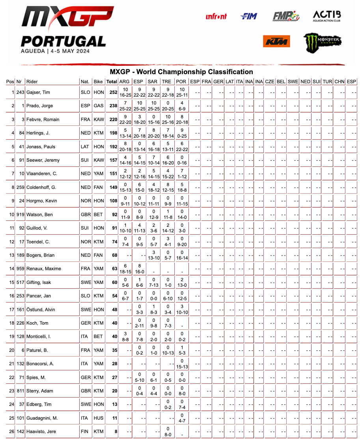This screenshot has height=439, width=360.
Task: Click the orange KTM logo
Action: (x=276, y=41)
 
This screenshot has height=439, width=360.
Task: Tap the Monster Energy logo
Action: (x=322, y=42)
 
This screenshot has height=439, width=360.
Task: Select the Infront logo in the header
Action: (x=216, y=16)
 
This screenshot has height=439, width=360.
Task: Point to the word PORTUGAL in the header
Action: (x=63, y=41)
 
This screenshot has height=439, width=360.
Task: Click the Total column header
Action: (x=112, y=82)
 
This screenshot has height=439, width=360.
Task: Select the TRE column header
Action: (x=166, y=82)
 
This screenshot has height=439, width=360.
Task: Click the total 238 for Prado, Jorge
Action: (x=114, y=106)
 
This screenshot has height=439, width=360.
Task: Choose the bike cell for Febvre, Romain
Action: (x=98, y=120)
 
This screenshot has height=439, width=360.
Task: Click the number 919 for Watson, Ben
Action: (x=20, y=215)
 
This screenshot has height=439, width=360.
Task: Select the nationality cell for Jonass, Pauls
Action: (x=85, y=147)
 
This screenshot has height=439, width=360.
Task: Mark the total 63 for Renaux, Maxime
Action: (x=115, y=269)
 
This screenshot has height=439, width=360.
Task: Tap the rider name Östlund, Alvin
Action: (x=41, y=310)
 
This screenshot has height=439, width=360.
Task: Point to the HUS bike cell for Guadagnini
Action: (x=98, y=418)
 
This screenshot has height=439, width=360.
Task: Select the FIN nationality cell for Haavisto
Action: (x=84, y=432)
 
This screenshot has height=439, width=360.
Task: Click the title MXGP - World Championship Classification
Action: (x=181, y=72)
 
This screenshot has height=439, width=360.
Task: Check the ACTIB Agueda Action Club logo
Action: (x=326, y=16)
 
